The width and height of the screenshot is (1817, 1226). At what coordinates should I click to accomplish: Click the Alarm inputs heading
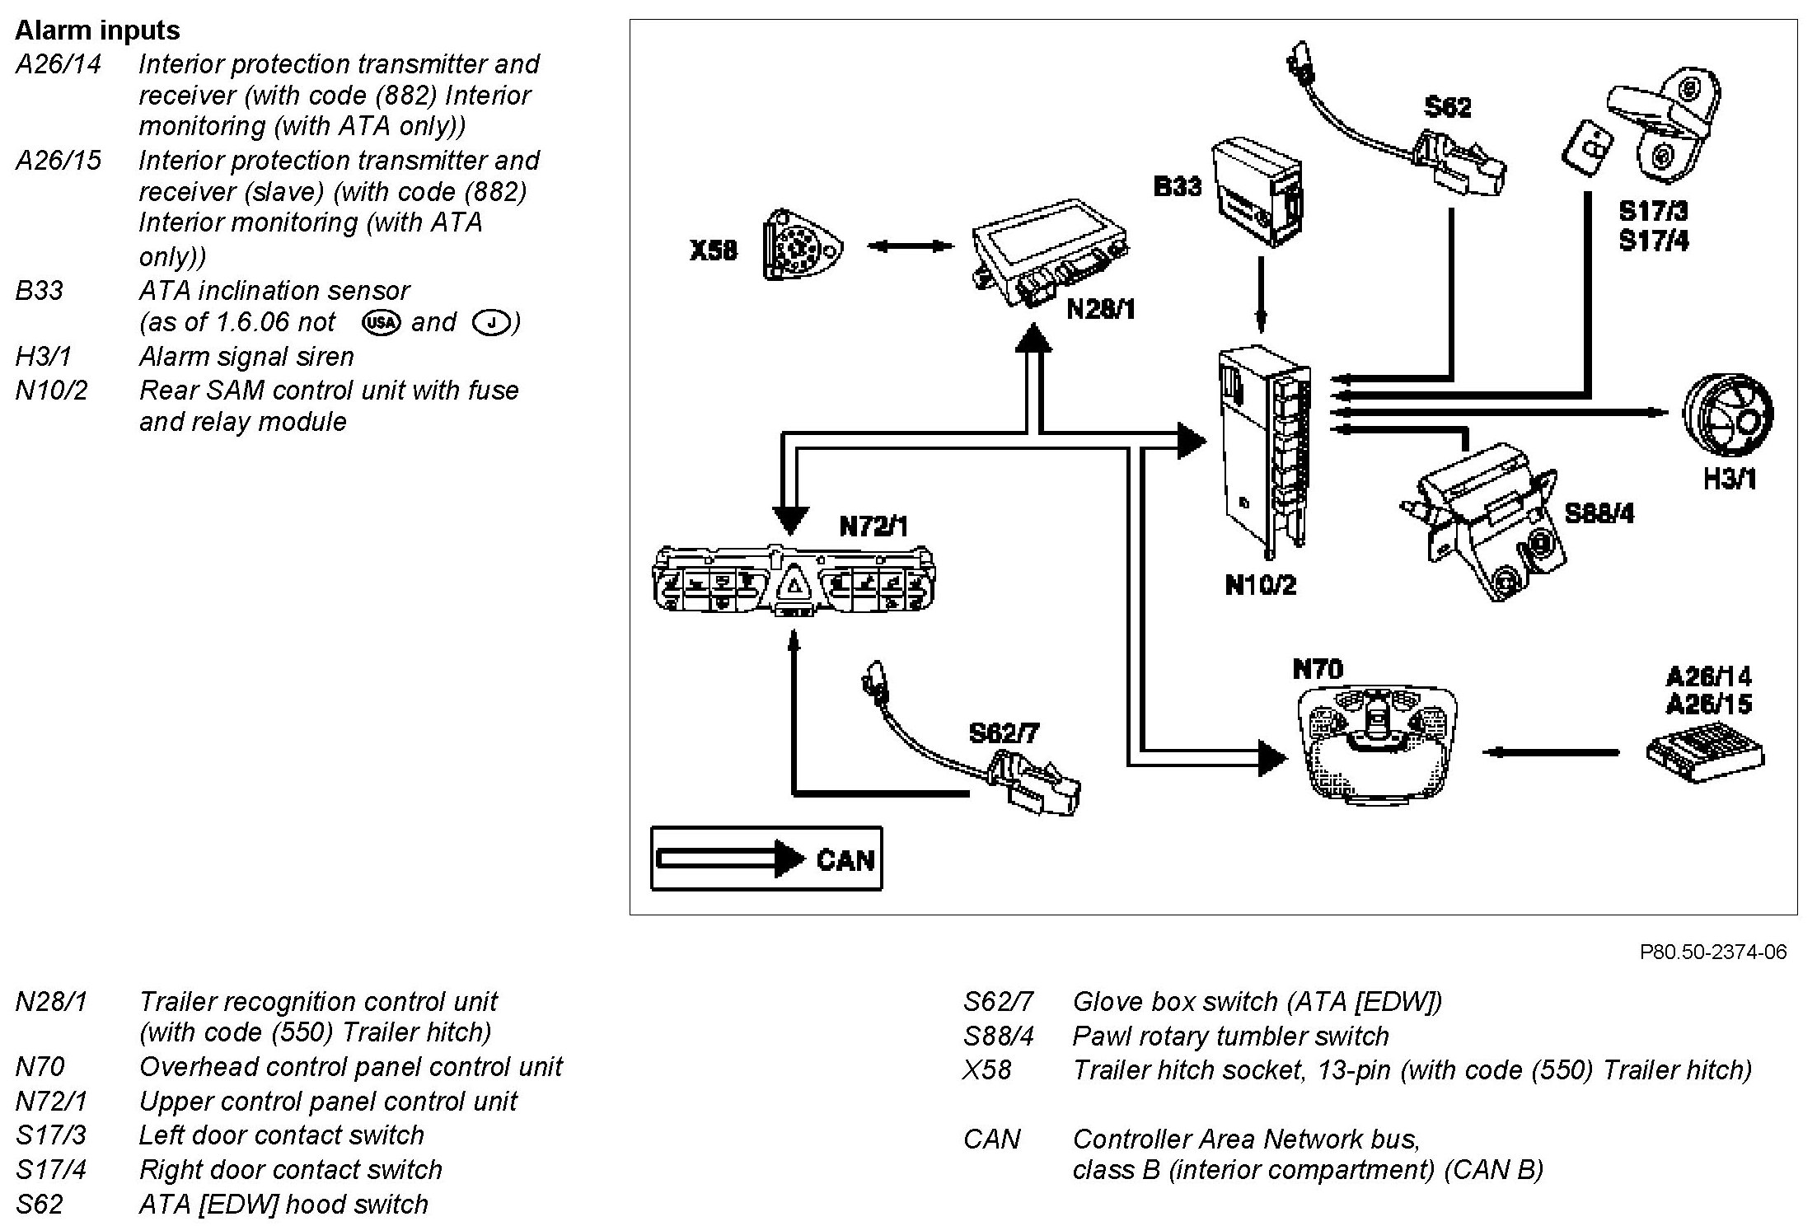click(97, 30)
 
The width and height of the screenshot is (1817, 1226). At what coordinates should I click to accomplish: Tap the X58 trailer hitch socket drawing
click(803, 246)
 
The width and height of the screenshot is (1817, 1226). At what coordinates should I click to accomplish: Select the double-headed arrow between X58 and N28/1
click(910, 246)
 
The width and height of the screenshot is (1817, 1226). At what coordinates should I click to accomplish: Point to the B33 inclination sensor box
click(1257, 194)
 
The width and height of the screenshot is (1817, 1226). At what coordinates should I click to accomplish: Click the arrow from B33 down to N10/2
click(1260, 295)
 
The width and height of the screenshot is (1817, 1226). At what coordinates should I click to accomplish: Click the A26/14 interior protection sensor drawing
click(1703, 751)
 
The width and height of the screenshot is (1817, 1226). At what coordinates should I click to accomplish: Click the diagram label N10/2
click(1260, 585)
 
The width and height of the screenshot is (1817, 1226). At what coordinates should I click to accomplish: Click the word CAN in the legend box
click(845, 860)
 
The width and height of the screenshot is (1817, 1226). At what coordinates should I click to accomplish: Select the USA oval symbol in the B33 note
click(381, 322)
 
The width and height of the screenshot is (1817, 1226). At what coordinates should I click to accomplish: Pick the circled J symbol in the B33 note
click(492, 322)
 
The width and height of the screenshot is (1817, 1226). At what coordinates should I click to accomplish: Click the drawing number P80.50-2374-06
click(1713, 952)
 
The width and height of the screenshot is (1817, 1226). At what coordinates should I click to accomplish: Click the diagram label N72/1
click(873, 526)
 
